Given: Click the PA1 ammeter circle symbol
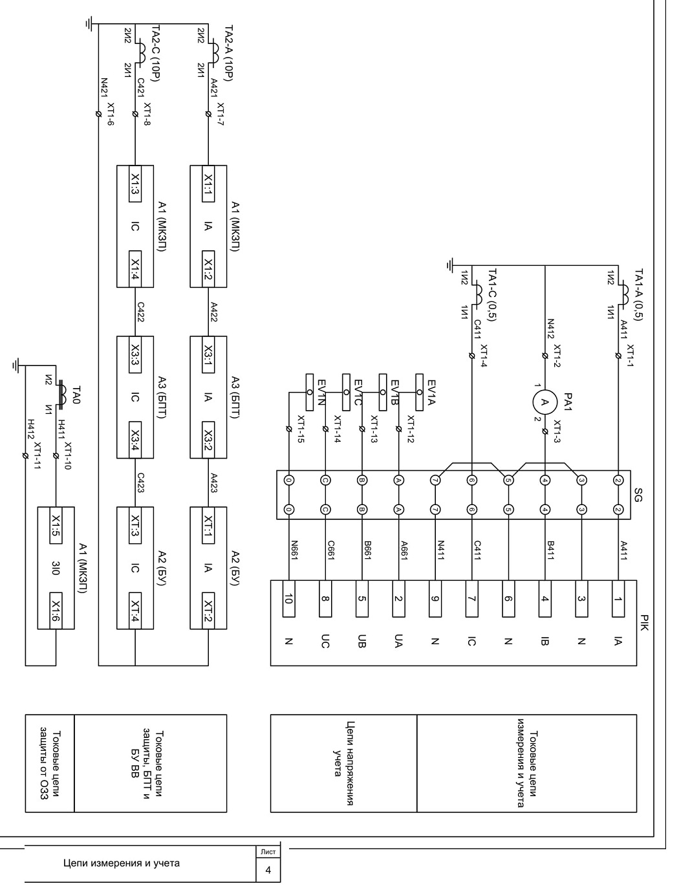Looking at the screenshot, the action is (544, 402).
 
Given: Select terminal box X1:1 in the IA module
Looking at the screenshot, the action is (208, 184).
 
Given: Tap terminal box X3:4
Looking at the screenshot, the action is (135, 440).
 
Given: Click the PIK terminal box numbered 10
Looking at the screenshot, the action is (289, 599).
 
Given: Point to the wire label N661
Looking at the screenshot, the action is (294, 550).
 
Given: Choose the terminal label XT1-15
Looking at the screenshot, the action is (301, 429).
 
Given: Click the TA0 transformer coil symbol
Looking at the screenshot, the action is (63, 393).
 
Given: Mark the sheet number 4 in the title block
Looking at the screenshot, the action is (268, 870).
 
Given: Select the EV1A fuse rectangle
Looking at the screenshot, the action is (420, 392).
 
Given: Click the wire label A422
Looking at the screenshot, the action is (214, 312).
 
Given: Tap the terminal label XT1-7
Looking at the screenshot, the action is (221, 114).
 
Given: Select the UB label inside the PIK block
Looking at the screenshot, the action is (362, 641).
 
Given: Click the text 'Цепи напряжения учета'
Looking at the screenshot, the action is (343, 763).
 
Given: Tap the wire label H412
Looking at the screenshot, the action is (31, 429).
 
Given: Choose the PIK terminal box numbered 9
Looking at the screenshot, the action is (435, 599).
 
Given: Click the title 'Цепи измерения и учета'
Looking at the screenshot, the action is (122, 863).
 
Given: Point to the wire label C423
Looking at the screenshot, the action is (140, 482).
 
